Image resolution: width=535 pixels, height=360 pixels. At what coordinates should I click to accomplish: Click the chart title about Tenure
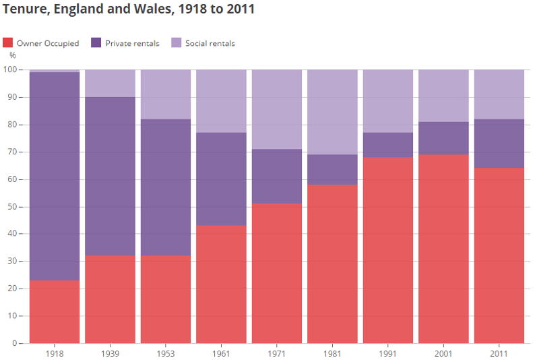129,10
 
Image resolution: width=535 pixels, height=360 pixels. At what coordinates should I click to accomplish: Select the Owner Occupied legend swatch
8,43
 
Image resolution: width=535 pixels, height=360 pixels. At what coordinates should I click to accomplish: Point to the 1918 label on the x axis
55,353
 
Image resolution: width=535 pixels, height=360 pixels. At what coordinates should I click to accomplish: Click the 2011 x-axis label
499,353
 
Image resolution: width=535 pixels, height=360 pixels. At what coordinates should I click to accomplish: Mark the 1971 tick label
277,353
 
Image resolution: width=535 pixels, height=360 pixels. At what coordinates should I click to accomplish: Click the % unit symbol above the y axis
12,55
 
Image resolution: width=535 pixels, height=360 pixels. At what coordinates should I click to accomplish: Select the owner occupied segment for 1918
55,311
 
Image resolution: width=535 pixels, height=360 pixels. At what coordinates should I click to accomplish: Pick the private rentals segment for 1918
55,176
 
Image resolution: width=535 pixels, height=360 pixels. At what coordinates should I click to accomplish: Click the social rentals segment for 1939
110,84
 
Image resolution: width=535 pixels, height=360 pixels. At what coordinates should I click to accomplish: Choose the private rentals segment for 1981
332,170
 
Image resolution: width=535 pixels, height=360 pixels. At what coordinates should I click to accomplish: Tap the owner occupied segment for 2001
443,249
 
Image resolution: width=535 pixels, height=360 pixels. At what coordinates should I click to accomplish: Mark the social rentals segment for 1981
332,112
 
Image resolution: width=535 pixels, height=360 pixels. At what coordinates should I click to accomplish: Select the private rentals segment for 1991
388,145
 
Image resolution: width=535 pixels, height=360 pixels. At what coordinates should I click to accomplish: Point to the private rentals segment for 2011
499,144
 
